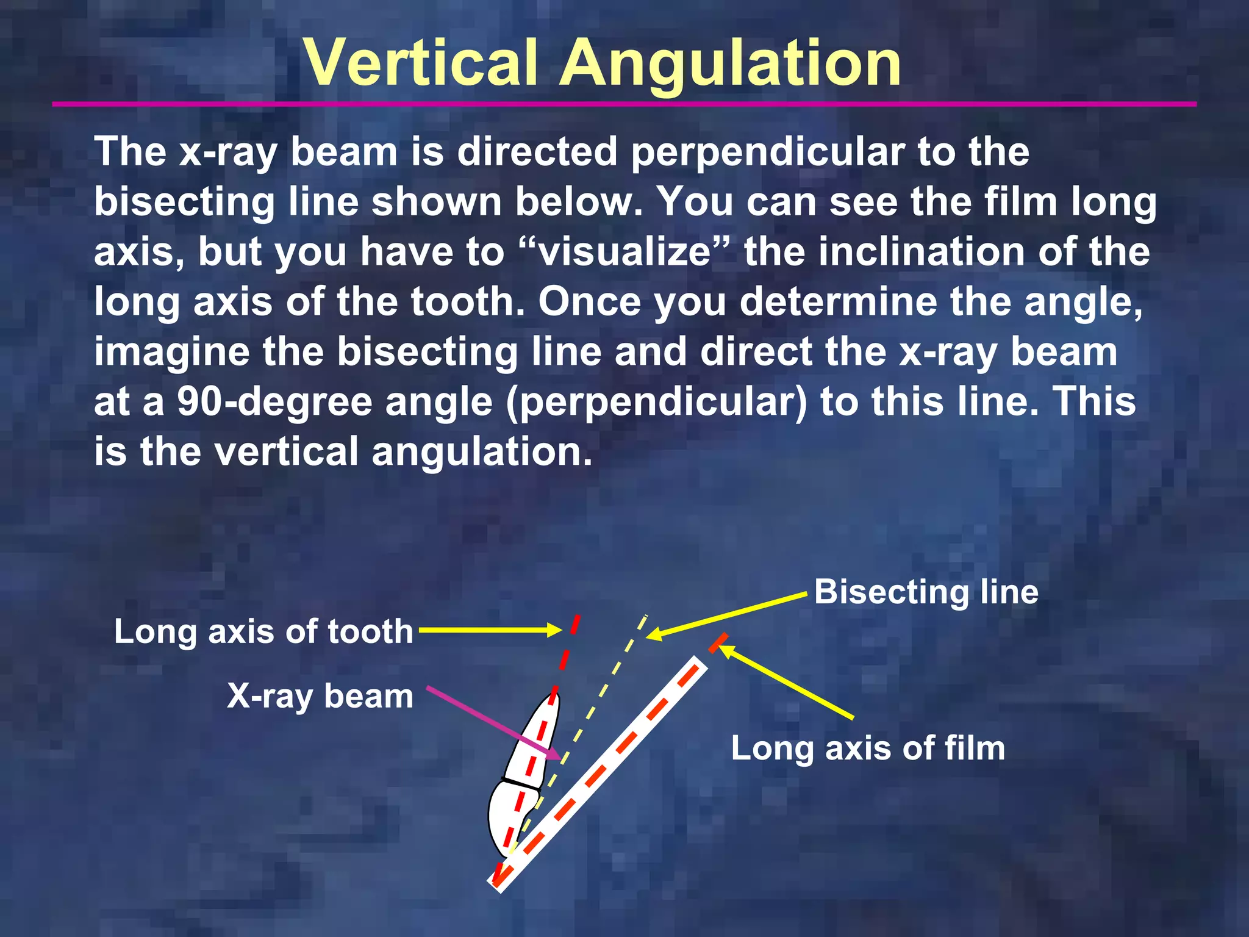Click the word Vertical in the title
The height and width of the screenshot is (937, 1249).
pos(421,63)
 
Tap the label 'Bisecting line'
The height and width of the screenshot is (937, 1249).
pos(926,592)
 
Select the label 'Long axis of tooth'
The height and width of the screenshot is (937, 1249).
pos(263,631)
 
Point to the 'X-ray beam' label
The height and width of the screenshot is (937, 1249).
pos(320,696)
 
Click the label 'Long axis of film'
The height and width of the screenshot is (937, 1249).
pos(867,748)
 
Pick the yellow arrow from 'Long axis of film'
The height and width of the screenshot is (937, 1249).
pos(787,683)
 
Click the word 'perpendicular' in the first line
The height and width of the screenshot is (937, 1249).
pos(768,151)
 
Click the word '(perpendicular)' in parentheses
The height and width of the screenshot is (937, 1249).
pos(657,401)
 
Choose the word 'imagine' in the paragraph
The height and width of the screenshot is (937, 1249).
pos(171,352)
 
